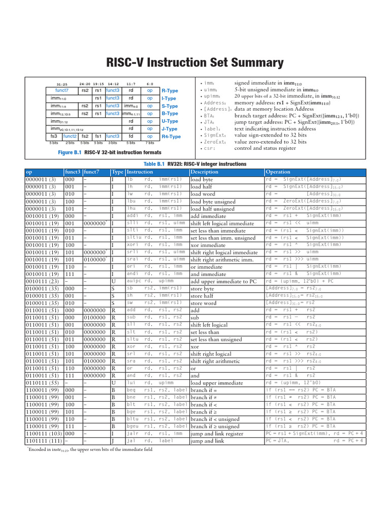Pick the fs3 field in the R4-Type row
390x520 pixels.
pos(54,137)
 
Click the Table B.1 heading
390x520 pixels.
pos(195,164)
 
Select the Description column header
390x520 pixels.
pos(204,172)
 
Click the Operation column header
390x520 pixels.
pos(278,172)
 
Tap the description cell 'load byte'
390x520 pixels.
pos(202,180)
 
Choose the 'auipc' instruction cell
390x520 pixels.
pos(134,281)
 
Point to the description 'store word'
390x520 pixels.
pos(203,303)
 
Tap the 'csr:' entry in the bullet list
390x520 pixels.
pos(209,149)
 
